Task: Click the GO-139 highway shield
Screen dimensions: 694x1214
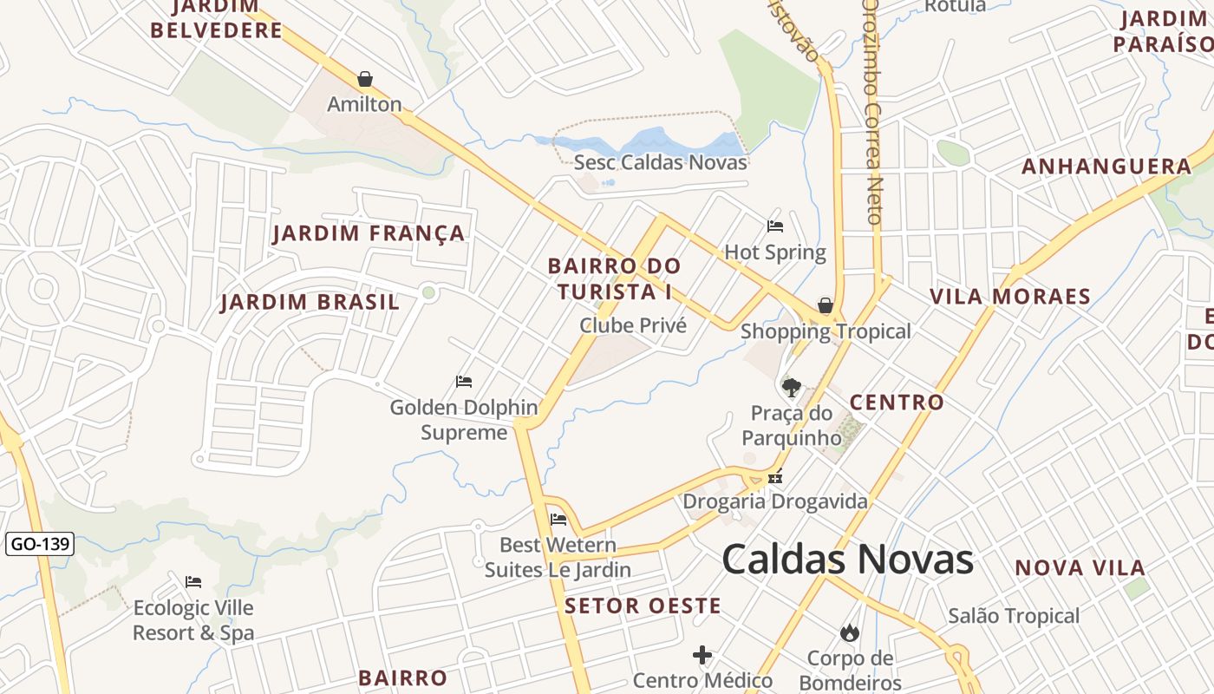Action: pos(40,545)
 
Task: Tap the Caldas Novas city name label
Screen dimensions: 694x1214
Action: pos(847,560)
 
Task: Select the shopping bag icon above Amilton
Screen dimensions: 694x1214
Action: pos(365,79)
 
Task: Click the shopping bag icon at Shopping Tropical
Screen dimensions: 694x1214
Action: pos(826,305)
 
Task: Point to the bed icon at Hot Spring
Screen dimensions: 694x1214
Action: pos(775,226)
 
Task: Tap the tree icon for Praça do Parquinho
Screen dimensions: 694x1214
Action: pos(790,387)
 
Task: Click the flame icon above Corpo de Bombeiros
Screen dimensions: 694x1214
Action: pos(850,632)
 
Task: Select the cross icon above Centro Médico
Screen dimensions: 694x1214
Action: pos(702,654)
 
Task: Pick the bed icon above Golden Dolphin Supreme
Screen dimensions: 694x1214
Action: pos(464,381)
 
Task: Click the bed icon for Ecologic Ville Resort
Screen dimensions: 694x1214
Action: pos(193,581)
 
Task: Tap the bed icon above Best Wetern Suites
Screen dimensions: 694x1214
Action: pos(558,519)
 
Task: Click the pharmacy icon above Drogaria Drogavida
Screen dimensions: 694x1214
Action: pos(775,476)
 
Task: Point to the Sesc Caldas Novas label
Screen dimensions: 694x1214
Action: pos(660,162)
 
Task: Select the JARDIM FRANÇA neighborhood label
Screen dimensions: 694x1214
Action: pos(369,233)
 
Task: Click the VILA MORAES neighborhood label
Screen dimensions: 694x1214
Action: pos(1009,296)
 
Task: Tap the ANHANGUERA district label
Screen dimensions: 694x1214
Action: pos(1106,166)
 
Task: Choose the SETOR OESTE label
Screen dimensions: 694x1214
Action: pos(643,606)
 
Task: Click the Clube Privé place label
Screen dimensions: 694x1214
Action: pos(632,325)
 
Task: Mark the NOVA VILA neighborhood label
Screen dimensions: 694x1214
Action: pos(1080,567)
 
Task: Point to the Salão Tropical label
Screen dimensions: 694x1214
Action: pos(1013,616)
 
